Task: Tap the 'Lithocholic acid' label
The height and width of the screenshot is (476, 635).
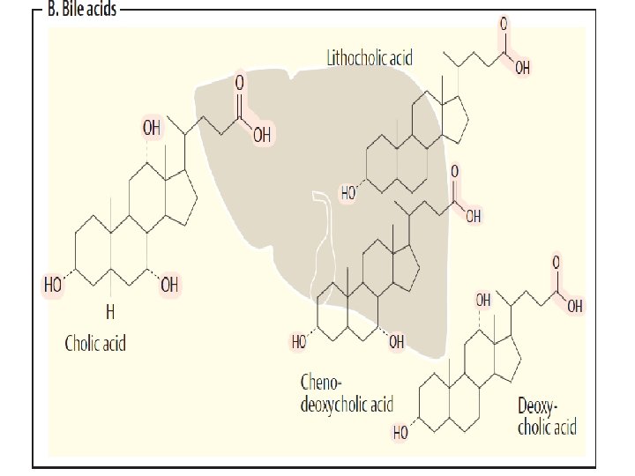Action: pos(370,58)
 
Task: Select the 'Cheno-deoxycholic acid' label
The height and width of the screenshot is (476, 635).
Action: pos(347,394)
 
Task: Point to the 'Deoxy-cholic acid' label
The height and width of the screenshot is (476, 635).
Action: pos(547,417)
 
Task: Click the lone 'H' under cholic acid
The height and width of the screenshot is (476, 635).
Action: pos(110,311)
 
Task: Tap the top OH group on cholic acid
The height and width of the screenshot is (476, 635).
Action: pos(152,128)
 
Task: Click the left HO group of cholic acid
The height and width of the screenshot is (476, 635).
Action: pos(54,286)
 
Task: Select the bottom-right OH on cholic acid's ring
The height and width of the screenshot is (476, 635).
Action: pos(169,286)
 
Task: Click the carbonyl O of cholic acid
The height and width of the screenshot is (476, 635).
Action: pos(238,82)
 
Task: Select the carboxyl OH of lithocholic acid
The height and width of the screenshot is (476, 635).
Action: pos(522,67)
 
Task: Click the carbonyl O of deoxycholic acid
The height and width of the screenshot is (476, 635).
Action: pos(557,263)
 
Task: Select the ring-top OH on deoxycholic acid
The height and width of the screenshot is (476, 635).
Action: pos(483,301)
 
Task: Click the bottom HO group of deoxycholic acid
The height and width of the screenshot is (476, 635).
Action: pos(401,433)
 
